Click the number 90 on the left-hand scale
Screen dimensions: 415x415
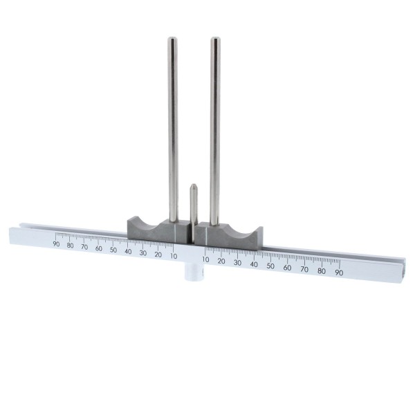(x=56, y=243)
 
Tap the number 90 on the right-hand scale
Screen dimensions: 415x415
(x=339, y=273)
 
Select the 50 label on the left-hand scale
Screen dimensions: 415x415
(x=113, y=249)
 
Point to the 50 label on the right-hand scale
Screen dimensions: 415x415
(x=270, y=266)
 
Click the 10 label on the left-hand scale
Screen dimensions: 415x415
(x=173, y=255)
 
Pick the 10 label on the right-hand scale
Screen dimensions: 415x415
(x=205, y=259)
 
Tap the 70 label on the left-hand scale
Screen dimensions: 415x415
(x=84, y=246)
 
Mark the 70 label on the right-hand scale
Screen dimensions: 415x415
(x=304, y=269)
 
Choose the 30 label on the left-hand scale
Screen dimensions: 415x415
(x=143, y=252)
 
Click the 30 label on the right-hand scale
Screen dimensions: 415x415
(x=237, y=262)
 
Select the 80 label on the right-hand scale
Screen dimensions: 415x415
(x=322, y=271)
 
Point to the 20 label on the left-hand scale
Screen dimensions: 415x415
(x=158, y=254)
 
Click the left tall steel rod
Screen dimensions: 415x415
(x=172, y=124)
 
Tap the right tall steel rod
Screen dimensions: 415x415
(x=214, y=124)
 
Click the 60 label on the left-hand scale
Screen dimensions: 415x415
(x=99, y=248)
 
